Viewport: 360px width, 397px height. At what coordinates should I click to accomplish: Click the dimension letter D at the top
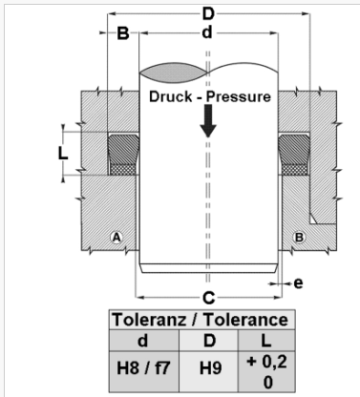point(208,14)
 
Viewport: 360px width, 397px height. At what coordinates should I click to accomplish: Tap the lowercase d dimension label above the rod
point(207,32)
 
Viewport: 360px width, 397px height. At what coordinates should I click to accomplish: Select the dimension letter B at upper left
point(123,33)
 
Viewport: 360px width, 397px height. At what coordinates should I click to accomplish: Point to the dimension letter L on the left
point(63,154)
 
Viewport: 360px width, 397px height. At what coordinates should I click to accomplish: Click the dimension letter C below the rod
point(209,298)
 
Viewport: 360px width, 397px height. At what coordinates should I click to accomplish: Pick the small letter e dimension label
point(298,283)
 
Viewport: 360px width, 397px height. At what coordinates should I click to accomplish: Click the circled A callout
point(116,237)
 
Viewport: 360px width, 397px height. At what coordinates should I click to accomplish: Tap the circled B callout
point(299,237)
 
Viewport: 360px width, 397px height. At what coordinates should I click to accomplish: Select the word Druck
point(171,96)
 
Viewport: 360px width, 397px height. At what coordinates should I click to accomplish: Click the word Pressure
point(239,96)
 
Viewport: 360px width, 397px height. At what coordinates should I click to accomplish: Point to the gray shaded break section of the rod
point(174,73)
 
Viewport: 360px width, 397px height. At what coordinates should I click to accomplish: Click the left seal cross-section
point(123,155)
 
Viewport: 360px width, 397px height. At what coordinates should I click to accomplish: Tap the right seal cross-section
point(294,155)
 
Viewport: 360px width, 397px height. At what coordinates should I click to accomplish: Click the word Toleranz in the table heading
point(149,320)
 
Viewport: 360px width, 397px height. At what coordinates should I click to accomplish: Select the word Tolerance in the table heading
point(246,320)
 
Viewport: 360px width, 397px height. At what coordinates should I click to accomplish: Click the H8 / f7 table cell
point(143,368)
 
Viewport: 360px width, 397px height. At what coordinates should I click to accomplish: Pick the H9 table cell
point(210,368)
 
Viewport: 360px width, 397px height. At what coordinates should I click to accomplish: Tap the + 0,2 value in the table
point(266,362)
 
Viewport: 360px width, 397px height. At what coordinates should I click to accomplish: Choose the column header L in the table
point(266,341)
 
